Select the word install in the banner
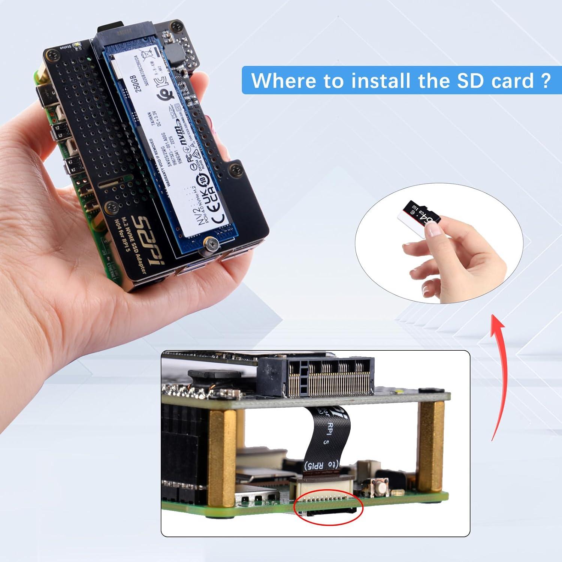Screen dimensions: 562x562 click(378, 81)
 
